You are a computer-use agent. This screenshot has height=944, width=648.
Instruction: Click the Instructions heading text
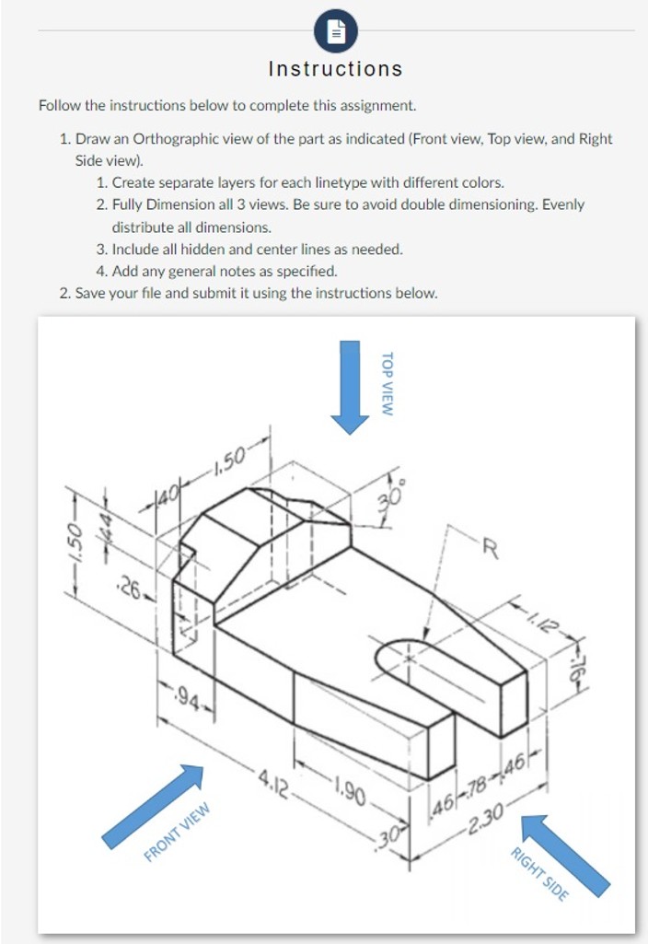335,69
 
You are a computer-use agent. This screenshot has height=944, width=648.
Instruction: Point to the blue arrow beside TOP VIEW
350,385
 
